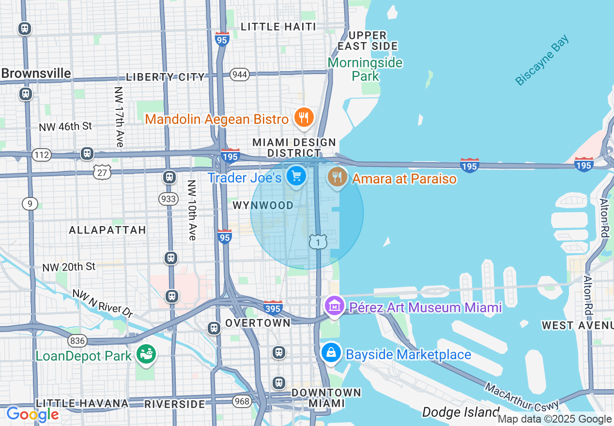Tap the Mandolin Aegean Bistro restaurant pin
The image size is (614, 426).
click(x=304, y=118)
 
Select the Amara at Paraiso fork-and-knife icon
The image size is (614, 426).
click(x=337, y=177)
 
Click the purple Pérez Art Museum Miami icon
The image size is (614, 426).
click(x=334, y=306)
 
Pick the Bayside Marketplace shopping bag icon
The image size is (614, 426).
click(x=331, y=353)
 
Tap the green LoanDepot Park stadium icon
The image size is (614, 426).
click(x=145, y=355)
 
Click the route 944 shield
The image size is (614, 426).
click(x=240, y=74)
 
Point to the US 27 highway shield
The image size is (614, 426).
click(x=103, y=171)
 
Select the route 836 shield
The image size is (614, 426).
click(x=77, y=341)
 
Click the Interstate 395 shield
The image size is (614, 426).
click(x=273, y=307)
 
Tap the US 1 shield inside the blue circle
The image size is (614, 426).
click(x=318, y=242)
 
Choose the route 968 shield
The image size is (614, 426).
click(x=242, y=401)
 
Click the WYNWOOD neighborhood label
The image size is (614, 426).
click(x=263, y=205)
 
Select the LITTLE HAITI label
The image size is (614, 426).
click(x=278, y=27)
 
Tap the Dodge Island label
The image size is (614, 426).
click(x=460, y=412)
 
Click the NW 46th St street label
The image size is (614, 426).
click(x=66, y=126)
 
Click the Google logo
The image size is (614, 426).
click(x=32, y=414)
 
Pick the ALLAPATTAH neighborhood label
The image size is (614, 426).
click(x=107, y=230)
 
